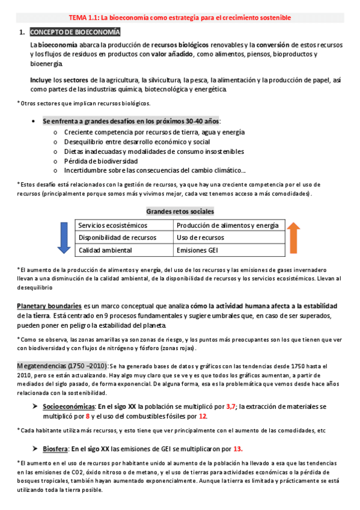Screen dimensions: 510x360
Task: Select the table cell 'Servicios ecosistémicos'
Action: tap(112, 226)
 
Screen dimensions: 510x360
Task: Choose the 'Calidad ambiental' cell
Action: tap(105, 250)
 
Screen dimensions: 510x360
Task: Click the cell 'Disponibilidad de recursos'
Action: tap(118, 238)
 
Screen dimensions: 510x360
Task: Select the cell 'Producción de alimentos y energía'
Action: tap(228, 226)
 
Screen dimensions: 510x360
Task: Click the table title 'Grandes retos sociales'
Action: tap(180, 211)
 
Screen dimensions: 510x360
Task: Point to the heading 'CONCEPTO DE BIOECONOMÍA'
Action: tap(75, 32)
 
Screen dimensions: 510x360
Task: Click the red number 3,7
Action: tap(231, 407)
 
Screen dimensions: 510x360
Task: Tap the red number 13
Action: tap(237, 449)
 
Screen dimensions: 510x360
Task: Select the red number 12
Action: tap(203, 416)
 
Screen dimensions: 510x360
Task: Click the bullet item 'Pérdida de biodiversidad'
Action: tap(100, 161)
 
